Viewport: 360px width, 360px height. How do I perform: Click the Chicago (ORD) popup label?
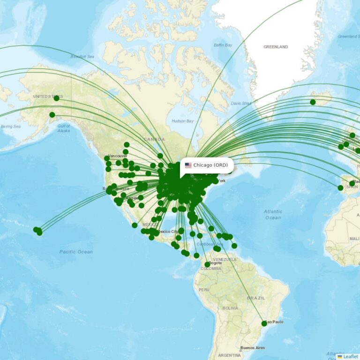tap(210, 165)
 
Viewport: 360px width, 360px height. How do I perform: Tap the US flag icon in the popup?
tap(188, 165)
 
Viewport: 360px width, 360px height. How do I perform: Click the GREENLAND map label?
tap(276, 47)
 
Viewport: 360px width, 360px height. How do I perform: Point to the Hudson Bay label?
tap(182, 121)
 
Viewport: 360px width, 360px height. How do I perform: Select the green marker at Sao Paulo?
tap(264, 323)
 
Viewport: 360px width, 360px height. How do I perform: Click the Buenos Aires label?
tap(252, 348)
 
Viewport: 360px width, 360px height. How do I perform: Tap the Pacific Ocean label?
tap(76, 252)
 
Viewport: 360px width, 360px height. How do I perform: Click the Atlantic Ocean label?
tap(273, 215)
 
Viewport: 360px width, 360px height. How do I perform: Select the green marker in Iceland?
tap(313, 102)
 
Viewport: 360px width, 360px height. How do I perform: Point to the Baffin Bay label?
tap(223, 45)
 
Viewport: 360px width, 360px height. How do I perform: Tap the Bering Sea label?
tap(10, 127)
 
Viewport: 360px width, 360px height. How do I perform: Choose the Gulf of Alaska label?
tap(64, 128)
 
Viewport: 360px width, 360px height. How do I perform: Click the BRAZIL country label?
tap(256, 298)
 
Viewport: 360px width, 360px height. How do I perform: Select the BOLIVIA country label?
tap(230, 308)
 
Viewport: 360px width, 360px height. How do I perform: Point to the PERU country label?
tap(203, 290)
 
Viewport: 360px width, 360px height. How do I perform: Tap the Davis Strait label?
tap(241, 103)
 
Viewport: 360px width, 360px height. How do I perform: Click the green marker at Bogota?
tap(207, 265)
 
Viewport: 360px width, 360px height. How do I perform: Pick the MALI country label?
tap(354, 239)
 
